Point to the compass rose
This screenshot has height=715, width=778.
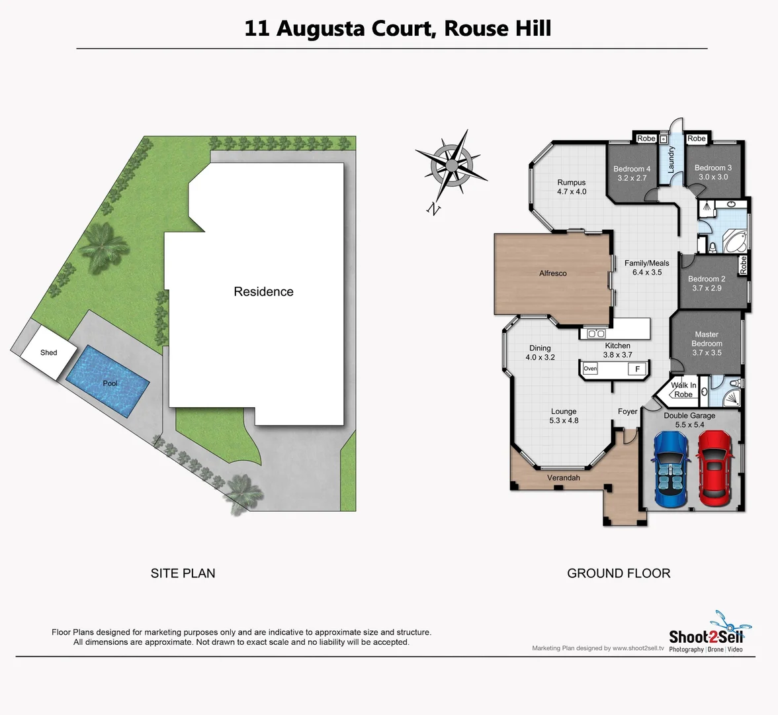[453, 164]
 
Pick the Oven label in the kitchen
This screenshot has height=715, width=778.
[590, 369]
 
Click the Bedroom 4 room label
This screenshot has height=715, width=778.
[632, 169]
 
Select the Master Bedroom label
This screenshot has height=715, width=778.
[707, 339]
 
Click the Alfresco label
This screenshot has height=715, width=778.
[553, 273]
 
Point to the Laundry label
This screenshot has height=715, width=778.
[671, 160]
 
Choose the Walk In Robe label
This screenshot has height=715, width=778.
[683, 390]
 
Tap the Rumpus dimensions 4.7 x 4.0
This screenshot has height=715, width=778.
[572, 192]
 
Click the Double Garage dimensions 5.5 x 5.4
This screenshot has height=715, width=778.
[689, 425]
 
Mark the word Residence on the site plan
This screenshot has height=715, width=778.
[263, 292]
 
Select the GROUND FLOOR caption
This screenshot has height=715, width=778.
[619, 573]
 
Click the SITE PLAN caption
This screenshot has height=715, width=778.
[183, 573]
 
